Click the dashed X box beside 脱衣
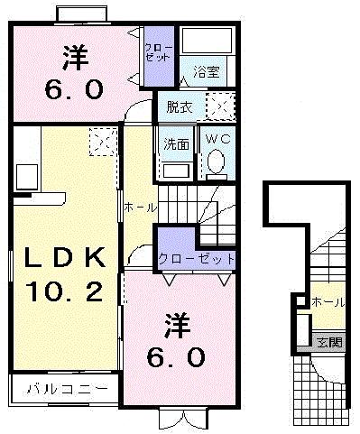[x=219, y=106]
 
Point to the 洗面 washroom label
[x=175, y=143]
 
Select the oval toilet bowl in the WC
[x=216, y=162]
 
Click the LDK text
[x=64, y=260]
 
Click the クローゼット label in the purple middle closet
[x=196, y=258]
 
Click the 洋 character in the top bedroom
[x=75, y=56]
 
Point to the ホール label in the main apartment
[x=140, y=208]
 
